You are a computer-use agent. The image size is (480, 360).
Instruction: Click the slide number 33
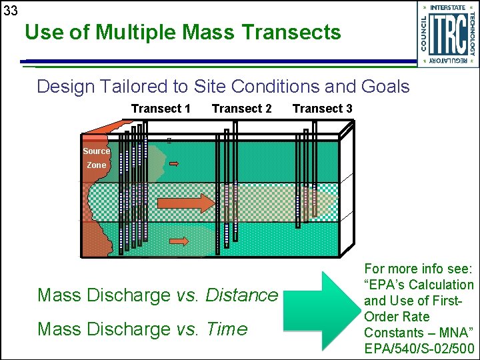click(10, 11)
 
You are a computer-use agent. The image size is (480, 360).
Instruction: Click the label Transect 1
click(161, 109)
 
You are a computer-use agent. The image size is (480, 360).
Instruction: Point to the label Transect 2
click(241, 109)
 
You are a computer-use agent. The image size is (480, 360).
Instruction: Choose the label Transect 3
click(323, 109)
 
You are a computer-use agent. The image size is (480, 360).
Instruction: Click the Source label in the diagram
click(96, 151)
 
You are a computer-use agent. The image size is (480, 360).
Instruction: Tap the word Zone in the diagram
click(96, 165)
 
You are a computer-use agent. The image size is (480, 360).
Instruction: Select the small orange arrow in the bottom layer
click(180, 241)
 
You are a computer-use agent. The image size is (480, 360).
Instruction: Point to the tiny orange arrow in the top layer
click(173, 163)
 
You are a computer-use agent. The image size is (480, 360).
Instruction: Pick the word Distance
click(242, 295)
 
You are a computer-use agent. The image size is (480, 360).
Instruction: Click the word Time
click(227, 329)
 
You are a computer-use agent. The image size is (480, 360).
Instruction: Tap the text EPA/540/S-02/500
click(419, 348)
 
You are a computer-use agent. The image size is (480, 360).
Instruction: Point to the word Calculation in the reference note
click(441, 285)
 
